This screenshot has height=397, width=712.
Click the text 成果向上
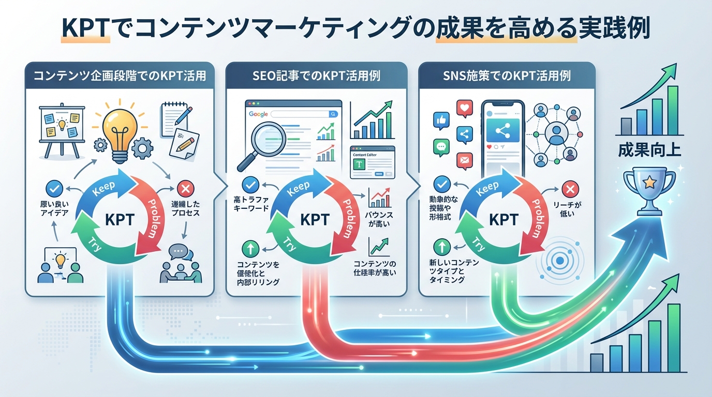click(x=649, y=151)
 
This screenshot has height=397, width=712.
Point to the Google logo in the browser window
click(x=258, y=113)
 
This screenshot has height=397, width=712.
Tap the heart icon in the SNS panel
click(x=465, y=109)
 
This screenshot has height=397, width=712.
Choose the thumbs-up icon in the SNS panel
click(x=441, y=121)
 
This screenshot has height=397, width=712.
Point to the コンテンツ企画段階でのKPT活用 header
click(x=120, y=76)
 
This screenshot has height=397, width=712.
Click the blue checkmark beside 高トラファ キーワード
click(x=250, y=184)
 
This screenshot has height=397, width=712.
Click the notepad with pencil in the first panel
click(x=175, y=119)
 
